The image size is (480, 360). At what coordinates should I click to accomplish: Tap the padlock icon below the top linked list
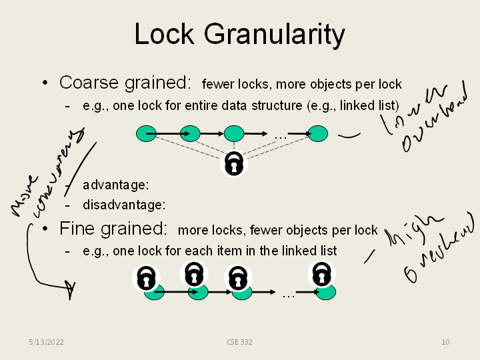pos(233,163)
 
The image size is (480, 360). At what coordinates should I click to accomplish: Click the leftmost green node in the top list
pos(146,133)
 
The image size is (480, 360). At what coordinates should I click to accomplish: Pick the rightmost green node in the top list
pos(318,133)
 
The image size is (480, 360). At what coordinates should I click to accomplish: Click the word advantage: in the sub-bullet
pos(115,184)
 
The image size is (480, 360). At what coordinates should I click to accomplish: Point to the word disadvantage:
pos(124,204)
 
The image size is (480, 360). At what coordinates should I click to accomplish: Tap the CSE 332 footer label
pos(239,342)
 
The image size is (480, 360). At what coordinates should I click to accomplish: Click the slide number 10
pos(445,342)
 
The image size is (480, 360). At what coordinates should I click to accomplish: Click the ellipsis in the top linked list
pos(280,136)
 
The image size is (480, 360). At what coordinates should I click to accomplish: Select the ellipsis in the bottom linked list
pos(289,293)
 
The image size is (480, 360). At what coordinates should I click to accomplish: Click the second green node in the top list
pos(190,133)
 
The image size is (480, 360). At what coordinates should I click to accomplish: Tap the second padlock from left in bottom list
pos(193,273)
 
